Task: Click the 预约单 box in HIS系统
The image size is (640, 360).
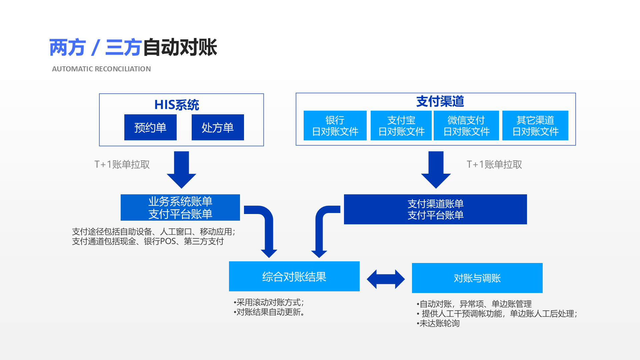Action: point(150,127)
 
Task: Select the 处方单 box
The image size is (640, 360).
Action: point(218,127)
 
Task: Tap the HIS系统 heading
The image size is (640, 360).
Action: point(176,105)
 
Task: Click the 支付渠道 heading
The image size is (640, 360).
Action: point(440,101)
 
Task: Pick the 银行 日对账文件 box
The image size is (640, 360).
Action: point(335,126)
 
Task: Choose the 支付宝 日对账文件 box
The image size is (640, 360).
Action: point(401,126)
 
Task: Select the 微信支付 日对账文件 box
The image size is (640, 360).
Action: point(466,126)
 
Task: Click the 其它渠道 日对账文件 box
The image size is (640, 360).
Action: point(535,126)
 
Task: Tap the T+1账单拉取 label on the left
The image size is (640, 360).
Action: point(122,164)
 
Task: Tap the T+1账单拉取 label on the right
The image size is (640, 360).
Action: point(494,164)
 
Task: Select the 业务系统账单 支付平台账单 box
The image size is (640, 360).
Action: point(180,207)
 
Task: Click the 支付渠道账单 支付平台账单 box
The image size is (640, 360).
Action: point(435,209)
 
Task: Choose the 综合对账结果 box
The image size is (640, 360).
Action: point(294,276)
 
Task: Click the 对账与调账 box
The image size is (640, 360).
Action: point(477,278)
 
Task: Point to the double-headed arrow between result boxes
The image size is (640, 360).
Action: point(386,279)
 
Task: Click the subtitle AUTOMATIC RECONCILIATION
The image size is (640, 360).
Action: point(101,69)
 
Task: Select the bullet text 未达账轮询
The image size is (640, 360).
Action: point(439,323)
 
